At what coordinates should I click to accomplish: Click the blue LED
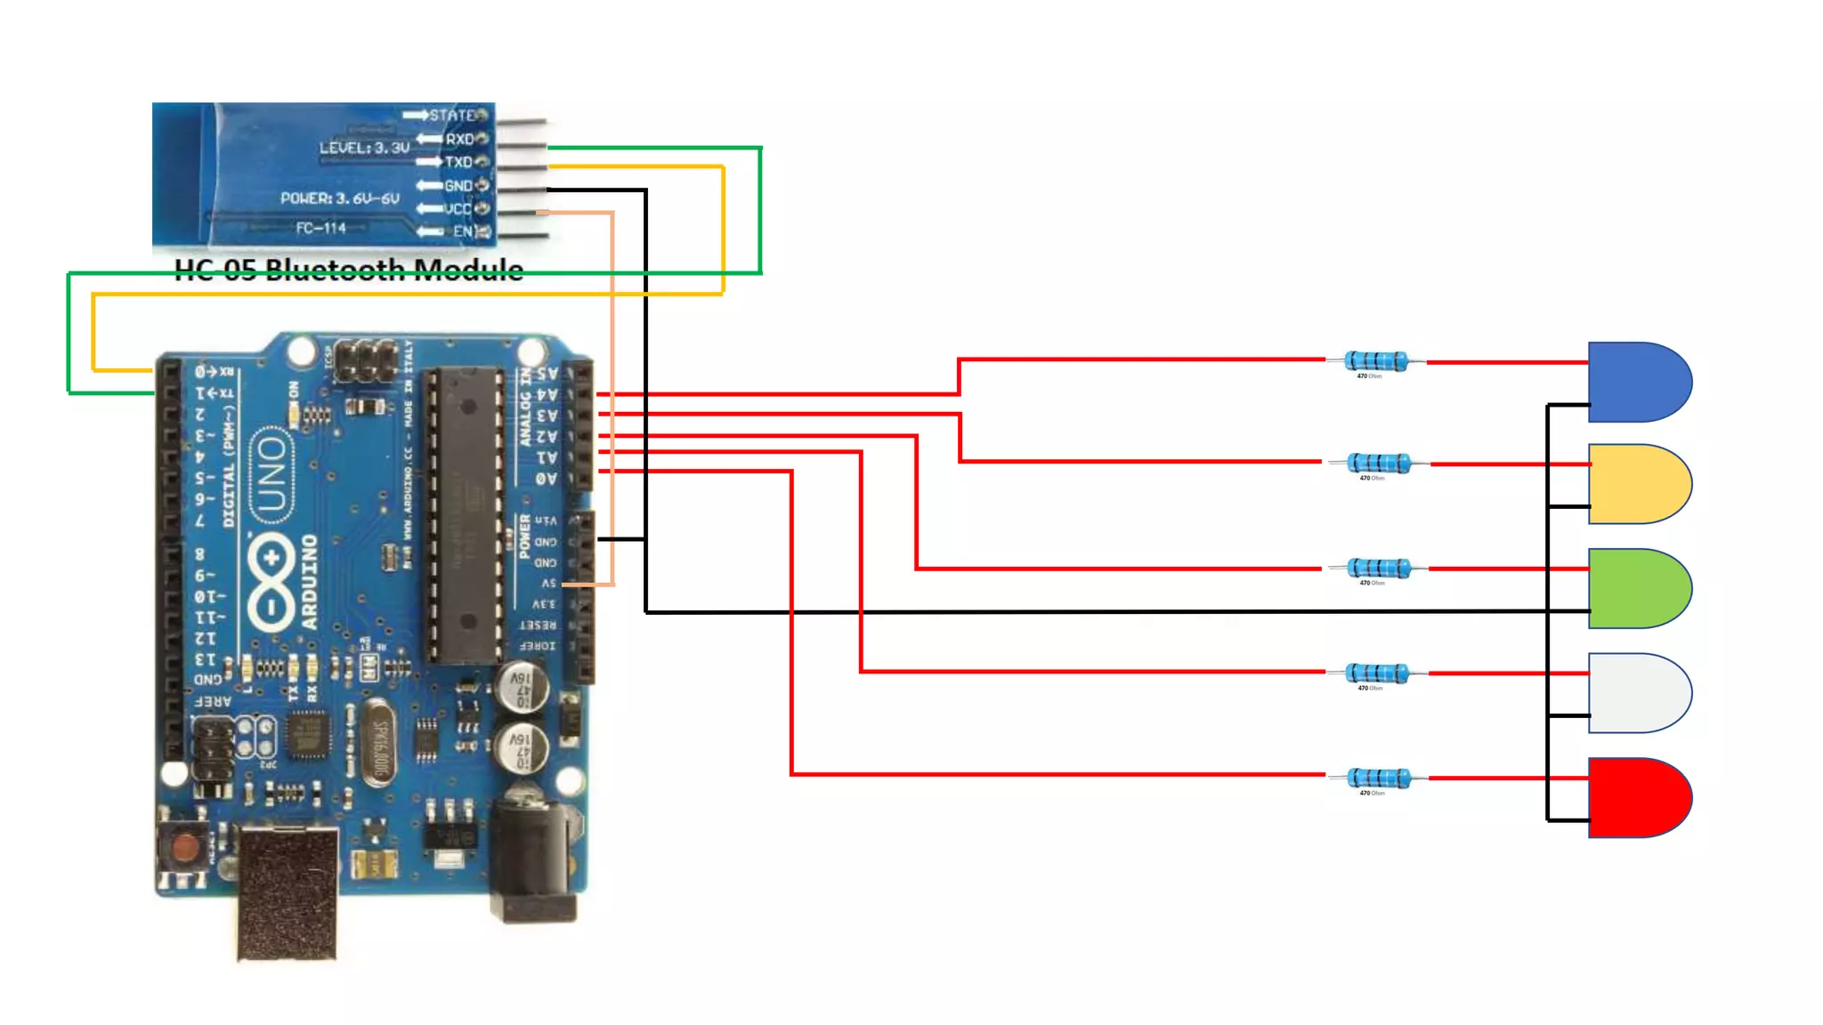point(1638,382)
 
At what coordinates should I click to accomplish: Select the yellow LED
point(1638,484)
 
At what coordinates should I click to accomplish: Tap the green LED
point(1638,588)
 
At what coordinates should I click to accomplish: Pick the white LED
point(1638,692)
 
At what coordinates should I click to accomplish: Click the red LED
point(1638,797)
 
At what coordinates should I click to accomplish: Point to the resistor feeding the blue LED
point(1376,361)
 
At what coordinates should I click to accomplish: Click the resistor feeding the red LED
point(1379,779)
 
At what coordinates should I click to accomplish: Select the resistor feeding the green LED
point(1379,569)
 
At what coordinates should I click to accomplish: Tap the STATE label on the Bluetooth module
point(452,116)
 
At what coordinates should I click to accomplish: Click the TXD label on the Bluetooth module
point(458,162)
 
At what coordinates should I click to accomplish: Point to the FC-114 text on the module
point(320,229)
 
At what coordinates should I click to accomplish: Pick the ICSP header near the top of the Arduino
point(365,358)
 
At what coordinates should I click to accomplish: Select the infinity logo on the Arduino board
point(271,583)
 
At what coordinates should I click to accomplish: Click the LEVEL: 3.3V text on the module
point(364,148)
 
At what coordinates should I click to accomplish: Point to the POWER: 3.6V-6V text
point(339,198)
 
